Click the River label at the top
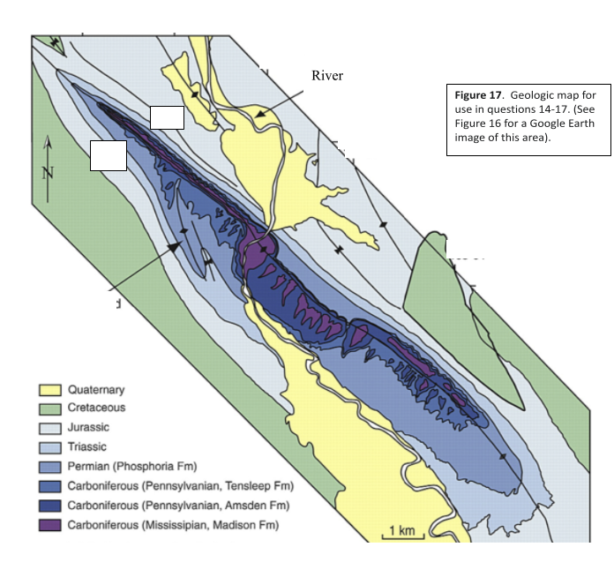click(326, 76)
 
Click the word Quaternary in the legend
click(96, 390)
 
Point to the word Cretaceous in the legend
click(96, 408)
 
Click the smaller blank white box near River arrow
click(167, 117)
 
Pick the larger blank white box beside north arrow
click(109, 155)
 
